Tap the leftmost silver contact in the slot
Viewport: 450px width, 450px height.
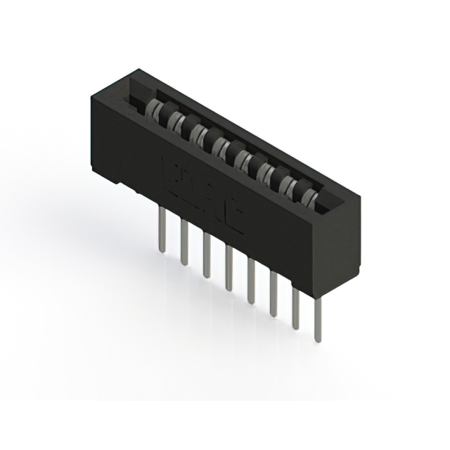pos(152,108)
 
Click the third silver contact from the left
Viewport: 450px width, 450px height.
pos(198,133)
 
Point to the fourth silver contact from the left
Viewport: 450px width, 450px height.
pos(221,146)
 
